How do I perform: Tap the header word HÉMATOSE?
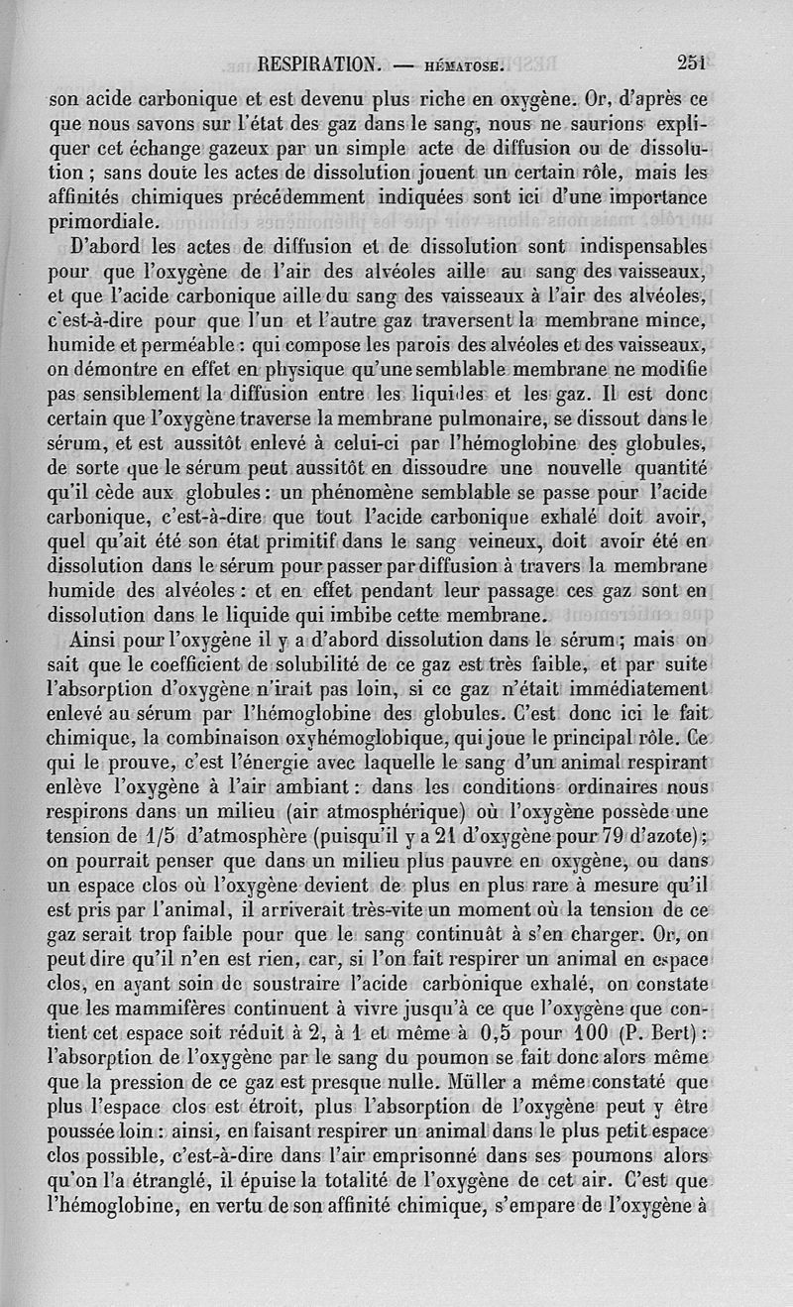(x=464, y=67)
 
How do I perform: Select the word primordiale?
(x=103, y=220)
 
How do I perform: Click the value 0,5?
(x=469, y=1035)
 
